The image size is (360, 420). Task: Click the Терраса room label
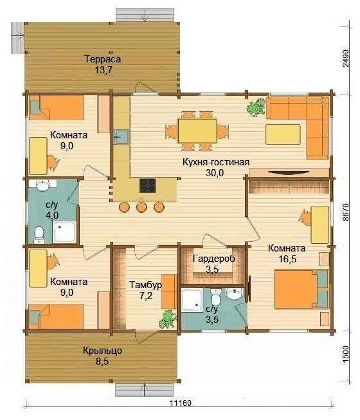click(102, 59)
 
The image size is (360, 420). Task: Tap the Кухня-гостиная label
click(216, 162)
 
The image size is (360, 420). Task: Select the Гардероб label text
click(214, 259)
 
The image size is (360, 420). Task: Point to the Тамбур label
click(145, 284)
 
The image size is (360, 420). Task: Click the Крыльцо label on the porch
click(102, 351)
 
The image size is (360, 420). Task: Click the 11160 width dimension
click(181, 403)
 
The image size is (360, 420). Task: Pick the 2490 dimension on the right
click(346, 58)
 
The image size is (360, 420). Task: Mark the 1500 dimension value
click(346, 354)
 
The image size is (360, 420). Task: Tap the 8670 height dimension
click(346, 212)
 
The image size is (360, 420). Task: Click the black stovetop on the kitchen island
click(147, 186)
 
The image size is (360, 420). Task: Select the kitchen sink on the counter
click(122, 137)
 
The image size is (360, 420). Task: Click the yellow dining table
click(197, 131)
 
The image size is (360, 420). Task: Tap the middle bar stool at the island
click(141, 207)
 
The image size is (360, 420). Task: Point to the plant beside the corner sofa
click(256, 107)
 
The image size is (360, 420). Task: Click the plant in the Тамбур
click(168, 319)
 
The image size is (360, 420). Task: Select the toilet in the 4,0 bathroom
click(39, 235)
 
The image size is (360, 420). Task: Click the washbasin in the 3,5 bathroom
click(234, 294)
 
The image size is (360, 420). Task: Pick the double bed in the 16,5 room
click(301, 289)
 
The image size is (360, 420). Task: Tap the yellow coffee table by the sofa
click(283, 134)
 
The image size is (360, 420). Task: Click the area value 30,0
click(215, 173)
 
